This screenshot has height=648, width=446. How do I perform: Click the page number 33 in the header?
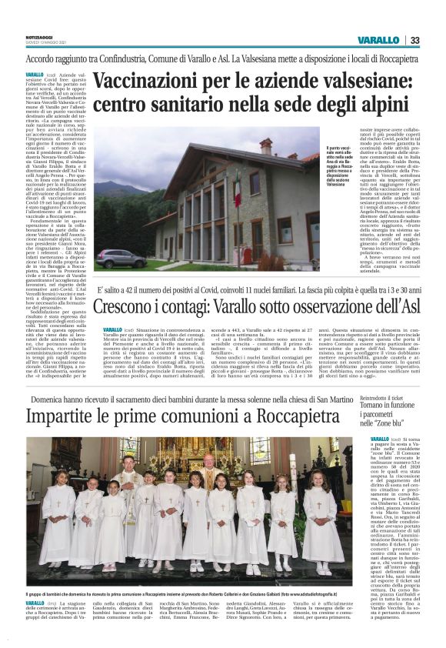click(x=414, y=40)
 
